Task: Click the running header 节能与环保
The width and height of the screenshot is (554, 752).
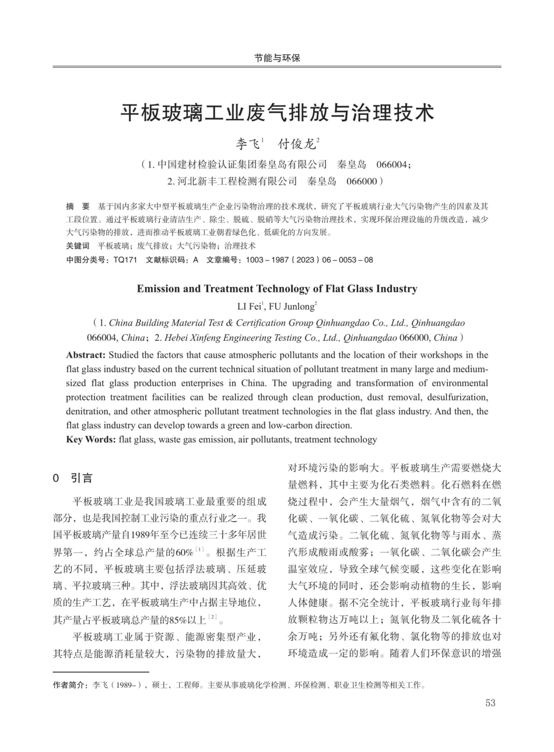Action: (277, 58)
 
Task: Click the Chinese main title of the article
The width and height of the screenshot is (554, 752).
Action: (277, 112)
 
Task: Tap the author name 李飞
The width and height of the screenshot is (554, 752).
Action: (248, 144)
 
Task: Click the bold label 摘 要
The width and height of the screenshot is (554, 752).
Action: (78, 207)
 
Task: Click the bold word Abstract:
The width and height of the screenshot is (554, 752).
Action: (86, 355)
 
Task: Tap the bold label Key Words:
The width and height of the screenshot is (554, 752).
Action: (91, 439)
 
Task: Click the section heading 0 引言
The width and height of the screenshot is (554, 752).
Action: (73, 478)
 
